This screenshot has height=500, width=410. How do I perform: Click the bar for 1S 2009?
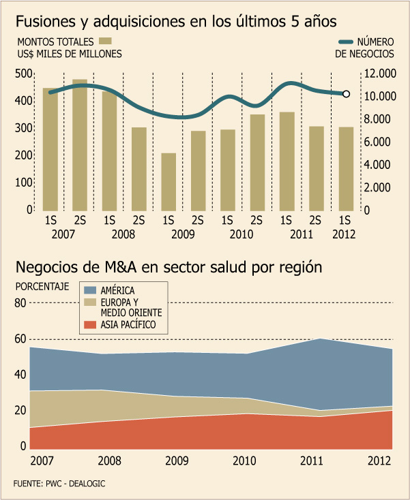point(169,182)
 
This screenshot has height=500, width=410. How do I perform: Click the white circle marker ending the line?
point(346,94)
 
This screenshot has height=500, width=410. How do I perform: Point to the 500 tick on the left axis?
point(23,74)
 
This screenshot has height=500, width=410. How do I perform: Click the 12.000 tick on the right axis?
point(380,74)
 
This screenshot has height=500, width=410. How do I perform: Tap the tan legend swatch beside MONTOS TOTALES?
point(106,41)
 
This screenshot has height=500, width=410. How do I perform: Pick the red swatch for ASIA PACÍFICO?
point(89,325)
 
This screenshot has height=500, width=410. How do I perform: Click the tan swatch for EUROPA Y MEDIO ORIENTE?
point(89,303)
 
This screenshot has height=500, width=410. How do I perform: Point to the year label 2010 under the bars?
point(242,234)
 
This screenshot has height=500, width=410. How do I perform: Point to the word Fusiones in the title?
point(45,20)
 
